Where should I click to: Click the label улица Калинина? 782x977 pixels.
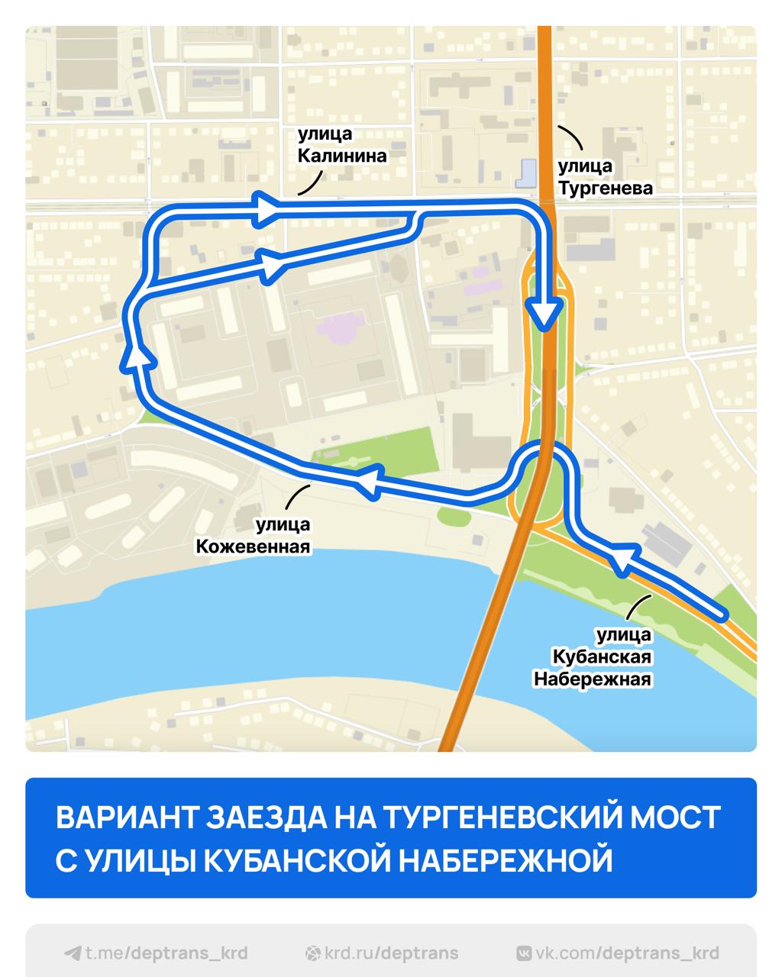pyautogui.click(x=341, y=145)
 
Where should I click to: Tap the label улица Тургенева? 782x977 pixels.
pyautogui.click(x=605, y=177)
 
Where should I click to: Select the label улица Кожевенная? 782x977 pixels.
pyautogui.click(x=254, y=536)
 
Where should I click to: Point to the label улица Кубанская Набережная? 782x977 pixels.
pyautogui.click(x=602, y=656)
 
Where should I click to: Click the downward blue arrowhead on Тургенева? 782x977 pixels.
pyautogui.click(x=544, y=313)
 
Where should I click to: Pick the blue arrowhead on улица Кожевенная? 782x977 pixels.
pyautogui.click(x=368, y=482)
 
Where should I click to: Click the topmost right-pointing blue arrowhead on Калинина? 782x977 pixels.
pyautogui.click(x=265, y=208)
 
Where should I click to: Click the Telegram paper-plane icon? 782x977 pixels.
pyautogui.click(x=73, y=953)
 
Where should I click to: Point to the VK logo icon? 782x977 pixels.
pyautogui.click(x=525, y=953)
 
